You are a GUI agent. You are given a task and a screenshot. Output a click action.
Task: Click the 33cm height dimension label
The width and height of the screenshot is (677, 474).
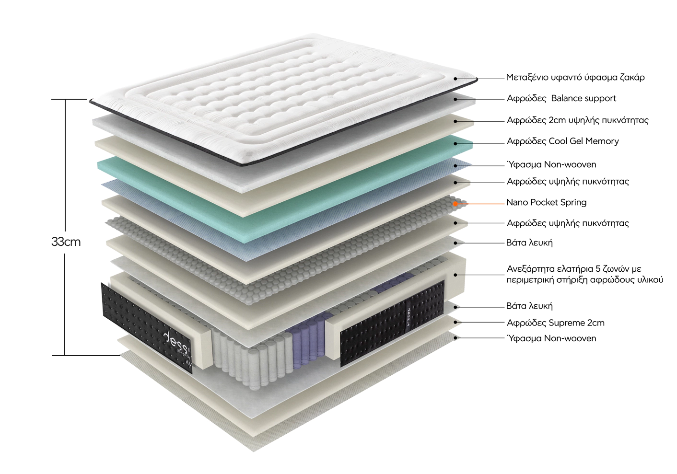pos(66,242)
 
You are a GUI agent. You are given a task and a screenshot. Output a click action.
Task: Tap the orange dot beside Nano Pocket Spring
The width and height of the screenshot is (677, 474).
pos(455,204)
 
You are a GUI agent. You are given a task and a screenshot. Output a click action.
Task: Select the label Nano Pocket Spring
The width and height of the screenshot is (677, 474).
pos(547,202)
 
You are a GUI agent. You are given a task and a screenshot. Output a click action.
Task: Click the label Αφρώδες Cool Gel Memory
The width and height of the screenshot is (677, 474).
pos(563,141)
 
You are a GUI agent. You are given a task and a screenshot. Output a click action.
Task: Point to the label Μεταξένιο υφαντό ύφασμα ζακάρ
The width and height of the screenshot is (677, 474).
pos(575,77)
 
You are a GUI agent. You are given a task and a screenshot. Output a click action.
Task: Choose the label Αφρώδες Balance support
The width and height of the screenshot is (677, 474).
pos(561,98)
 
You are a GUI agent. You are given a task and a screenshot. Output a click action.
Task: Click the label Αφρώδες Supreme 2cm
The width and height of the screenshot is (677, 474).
pos(556,323)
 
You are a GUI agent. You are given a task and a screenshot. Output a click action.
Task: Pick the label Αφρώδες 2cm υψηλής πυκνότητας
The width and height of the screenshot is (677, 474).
pos(578,120)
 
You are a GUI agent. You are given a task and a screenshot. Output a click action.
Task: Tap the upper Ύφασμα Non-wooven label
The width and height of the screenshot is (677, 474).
pos(551,165)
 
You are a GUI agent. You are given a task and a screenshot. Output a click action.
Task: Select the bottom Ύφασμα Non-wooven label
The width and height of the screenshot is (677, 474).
pos(551,338)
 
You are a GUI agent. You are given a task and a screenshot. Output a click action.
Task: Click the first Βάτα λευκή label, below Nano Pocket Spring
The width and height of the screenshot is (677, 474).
pos(529,243)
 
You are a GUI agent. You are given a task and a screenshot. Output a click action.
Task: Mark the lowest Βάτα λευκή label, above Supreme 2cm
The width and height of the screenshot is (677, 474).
pos(529,306)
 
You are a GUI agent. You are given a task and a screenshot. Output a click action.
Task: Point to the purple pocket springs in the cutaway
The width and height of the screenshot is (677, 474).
pos(308,336)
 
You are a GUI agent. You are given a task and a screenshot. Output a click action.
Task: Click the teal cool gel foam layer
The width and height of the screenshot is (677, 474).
pos(284,193)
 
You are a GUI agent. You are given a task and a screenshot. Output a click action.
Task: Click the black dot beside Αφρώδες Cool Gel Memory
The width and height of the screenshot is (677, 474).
pos(455,144)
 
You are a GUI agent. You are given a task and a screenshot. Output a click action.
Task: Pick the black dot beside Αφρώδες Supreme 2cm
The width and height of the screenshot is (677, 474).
pos(455,323)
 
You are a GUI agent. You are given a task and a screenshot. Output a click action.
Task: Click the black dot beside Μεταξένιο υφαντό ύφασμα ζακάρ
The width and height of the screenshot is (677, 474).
pos(455,79)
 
